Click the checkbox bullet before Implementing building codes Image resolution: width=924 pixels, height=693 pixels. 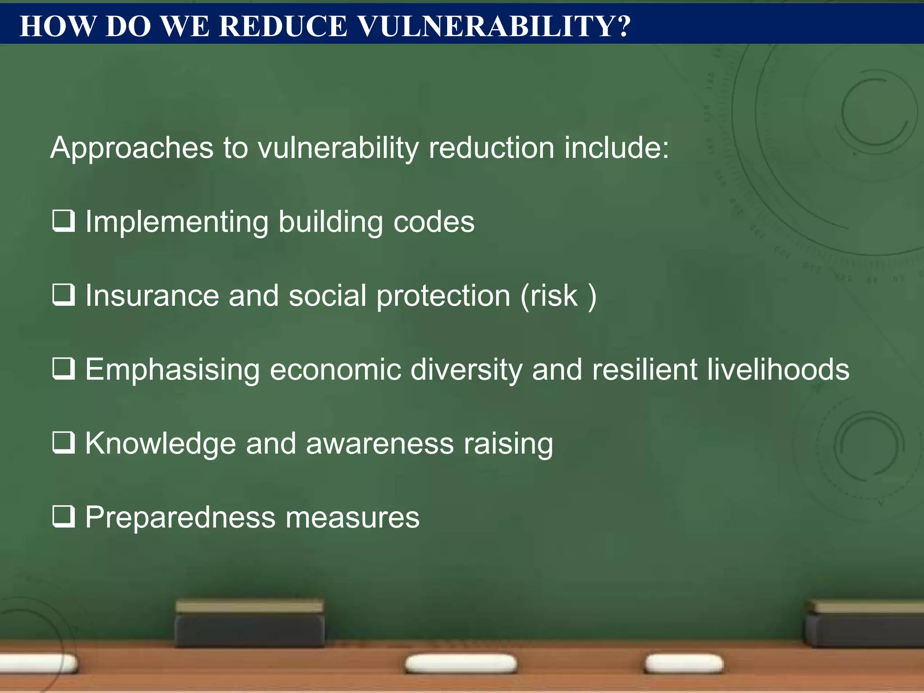63,221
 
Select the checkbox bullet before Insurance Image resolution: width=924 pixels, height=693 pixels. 63,295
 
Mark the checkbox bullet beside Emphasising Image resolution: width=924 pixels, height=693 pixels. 63,369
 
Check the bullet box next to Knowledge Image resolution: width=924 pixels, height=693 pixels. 63,443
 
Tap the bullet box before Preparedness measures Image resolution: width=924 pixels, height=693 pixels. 63,516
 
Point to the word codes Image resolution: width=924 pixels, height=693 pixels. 434,222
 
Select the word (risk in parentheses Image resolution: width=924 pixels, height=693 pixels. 549,296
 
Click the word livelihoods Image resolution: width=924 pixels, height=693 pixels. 778,370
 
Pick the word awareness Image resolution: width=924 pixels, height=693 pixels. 379,444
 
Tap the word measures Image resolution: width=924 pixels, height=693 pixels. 352,518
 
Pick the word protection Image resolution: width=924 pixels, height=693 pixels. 443,297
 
